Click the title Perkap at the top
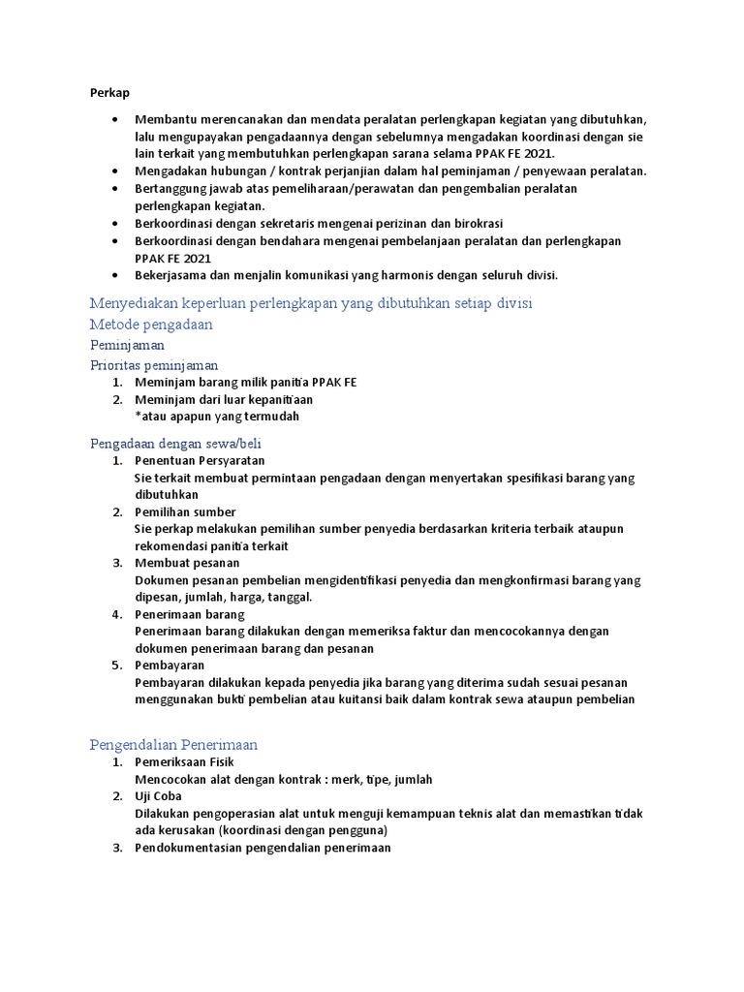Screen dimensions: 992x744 point(109,92)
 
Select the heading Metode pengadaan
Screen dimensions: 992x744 point(150,325)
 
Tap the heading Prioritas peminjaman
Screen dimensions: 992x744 point(154,365)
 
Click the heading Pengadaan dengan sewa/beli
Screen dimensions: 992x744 point(170,443)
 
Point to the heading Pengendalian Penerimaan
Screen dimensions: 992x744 point(173,745)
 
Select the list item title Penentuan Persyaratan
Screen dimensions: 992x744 point(200,461)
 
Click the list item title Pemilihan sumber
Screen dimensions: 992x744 point(185,511)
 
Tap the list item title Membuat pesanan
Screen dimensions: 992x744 point(187,563)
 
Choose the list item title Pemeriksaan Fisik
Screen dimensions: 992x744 point(184,763)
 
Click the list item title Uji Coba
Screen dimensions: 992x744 point(158,797)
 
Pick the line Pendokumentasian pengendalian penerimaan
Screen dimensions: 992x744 point(263,849)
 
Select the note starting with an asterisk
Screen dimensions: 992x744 point(217,417)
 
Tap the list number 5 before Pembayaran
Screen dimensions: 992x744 point(115,666)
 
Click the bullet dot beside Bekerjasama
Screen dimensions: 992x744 point(115,275)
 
